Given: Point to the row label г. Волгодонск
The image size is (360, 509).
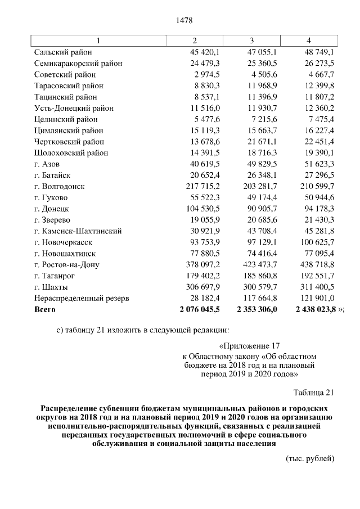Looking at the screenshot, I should (59, 186).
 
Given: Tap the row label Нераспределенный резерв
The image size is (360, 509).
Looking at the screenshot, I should (82, 298).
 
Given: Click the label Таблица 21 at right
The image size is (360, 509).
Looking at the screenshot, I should (314, 392).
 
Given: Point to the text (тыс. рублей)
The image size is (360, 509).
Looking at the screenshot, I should (310, 458).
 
